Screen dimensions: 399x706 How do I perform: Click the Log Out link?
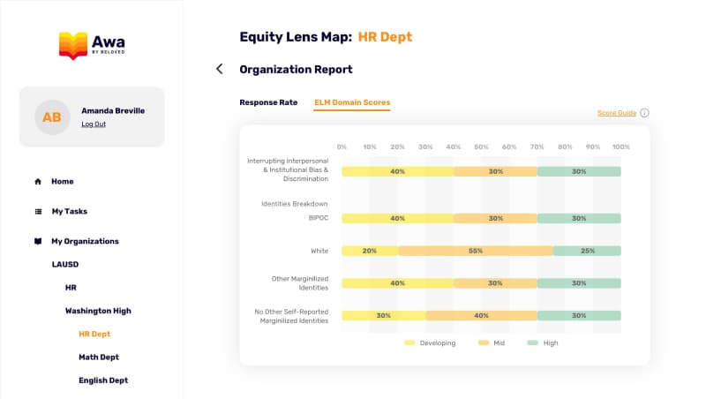(x=94, y=124)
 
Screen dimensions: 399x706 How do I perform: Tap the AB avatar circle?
(x=52, y=117)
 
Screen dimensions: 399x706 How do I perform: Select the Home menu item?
(x=62, y=182)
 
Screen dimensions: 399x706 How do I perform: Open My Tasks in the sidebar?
(x=69, y=212)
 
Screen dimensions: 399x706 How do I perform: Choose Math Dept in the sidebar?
(x=98, y=358)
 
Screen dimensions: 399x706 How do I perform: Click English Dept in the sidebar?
(x=103, y=380)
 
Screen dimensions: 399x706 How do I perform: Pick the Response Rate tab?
(x=268, y=102)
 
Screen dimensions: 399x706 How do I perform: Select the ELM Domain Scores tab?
(x=352, y=102)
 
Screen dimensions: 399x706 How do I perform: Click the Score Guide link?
(x=617, y=113)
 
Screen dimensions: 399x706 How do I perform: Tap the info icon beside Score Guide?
(x=644, y=113)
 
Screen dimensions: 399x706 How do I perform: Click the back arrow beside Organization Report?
(x=220, y=69)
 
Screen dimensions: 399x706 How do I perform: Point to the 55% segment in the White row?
(x=475, y=251)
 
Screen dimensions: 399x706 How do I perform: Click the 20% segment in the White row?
(x=369, y=251)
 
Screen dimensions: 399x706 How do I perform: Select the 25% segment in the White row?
(x=587, y=251)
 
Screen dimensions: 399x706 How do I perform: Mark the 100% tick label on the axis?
(x=620, y=147)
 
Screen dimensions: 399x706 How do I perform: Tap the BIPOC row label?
(x=318, y=218)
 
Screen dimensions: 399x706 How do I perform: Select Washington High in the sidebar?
(x=98, y=311)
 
